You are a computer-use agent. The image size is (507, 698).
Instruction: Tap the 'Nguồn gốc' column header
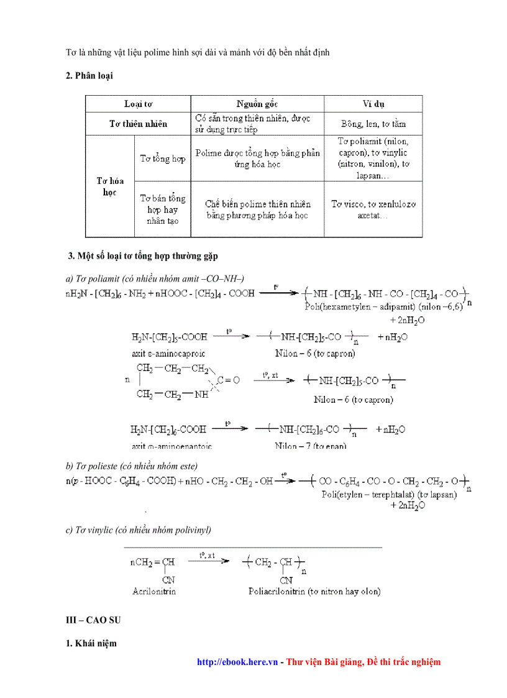tap(257, 103)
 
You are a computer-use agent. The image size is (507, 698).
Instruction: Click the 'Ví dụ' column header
tap(373, 103)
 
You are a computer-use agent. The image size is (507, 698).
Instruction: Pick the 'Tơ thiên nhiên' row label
tap(138, 124)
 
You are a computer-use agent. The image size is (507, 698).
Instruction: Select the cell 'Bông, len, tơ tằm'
tap(373, 124)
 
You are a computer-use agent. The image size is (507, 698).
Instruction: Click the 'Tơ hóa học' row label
tap(110, 186)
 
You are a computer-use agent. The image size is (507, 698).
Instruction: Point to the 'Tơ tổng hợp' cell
tap(162, 158)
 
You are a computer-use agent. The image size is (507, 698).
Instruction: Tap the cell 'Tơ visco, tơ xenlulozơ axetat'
tap(373, 209)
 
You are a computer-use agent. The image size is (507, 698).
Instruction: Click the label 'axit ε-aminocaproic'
tap(162, 353)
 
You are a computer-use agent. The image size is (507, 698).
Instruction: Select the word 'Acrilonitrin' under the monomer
tap(154, 591)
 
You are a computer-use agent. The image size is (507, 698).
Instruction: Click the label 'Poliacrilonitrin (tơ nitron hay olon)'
tap(314, 591)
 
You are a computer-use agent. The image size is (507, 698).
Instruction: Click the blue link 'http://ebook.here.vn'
tap(237, 662)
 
